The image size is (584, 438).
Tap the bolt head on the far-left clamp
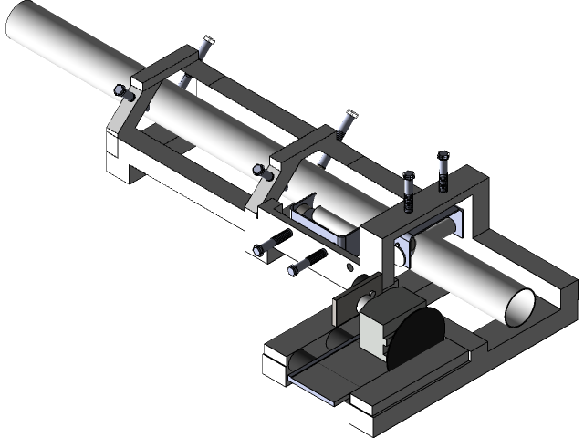tap(120, 89)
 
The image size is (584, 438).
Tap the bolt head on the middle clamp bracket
tap(258, 169)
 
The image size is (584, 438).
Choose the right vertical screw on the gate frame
tap(443, 171)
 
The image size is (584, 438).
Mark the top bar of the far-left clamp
tap(173, 67)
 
